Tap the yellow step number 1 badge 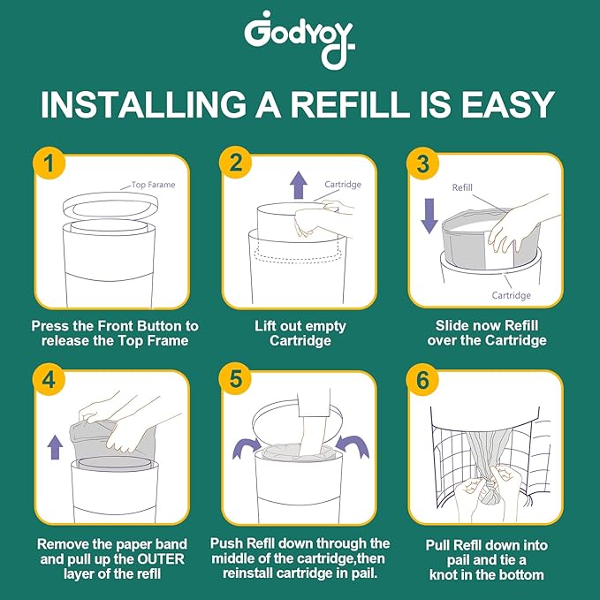point(49,163)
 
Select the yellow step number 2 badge point(236,163)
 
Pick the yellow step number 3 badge point(422,163)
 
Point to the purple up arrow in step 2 point(299,185)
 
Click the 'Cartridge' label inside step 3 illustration point(512,295)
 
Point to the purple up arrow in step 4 point(54,445)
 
